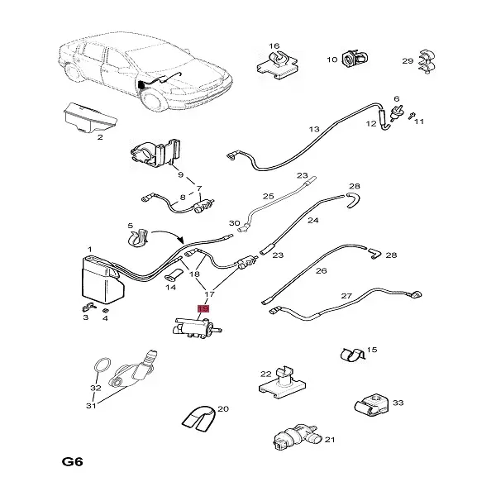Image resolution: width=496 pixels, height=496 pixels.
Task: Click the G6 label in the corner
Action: click(73, 460)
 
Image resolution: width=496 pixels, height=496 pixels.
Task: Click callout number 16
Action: click(274, 45)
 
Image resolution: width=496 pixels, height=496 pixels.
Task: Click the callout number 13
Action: click(313, 130)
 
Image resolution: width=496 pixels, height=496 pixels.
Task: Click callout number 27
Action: click(347, 296)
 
